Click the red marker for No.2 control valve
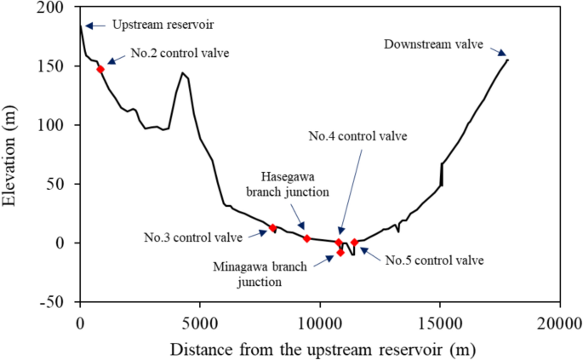(x=100, y=70)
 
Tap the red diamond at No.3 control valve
(x=272, y=228)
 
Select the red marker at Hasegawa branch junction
(x=306, y=238)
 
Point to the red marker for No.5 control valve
(x=354, y=243)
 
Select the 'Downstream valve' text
(x=433, y=43)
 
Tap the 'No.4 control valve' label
(x=357, y=135)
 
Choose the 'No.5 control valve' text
(x=434, y=260)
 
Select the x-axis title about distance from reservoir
(x=322, y=349)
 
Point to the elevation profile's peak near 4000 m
(x=182, y=73)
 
